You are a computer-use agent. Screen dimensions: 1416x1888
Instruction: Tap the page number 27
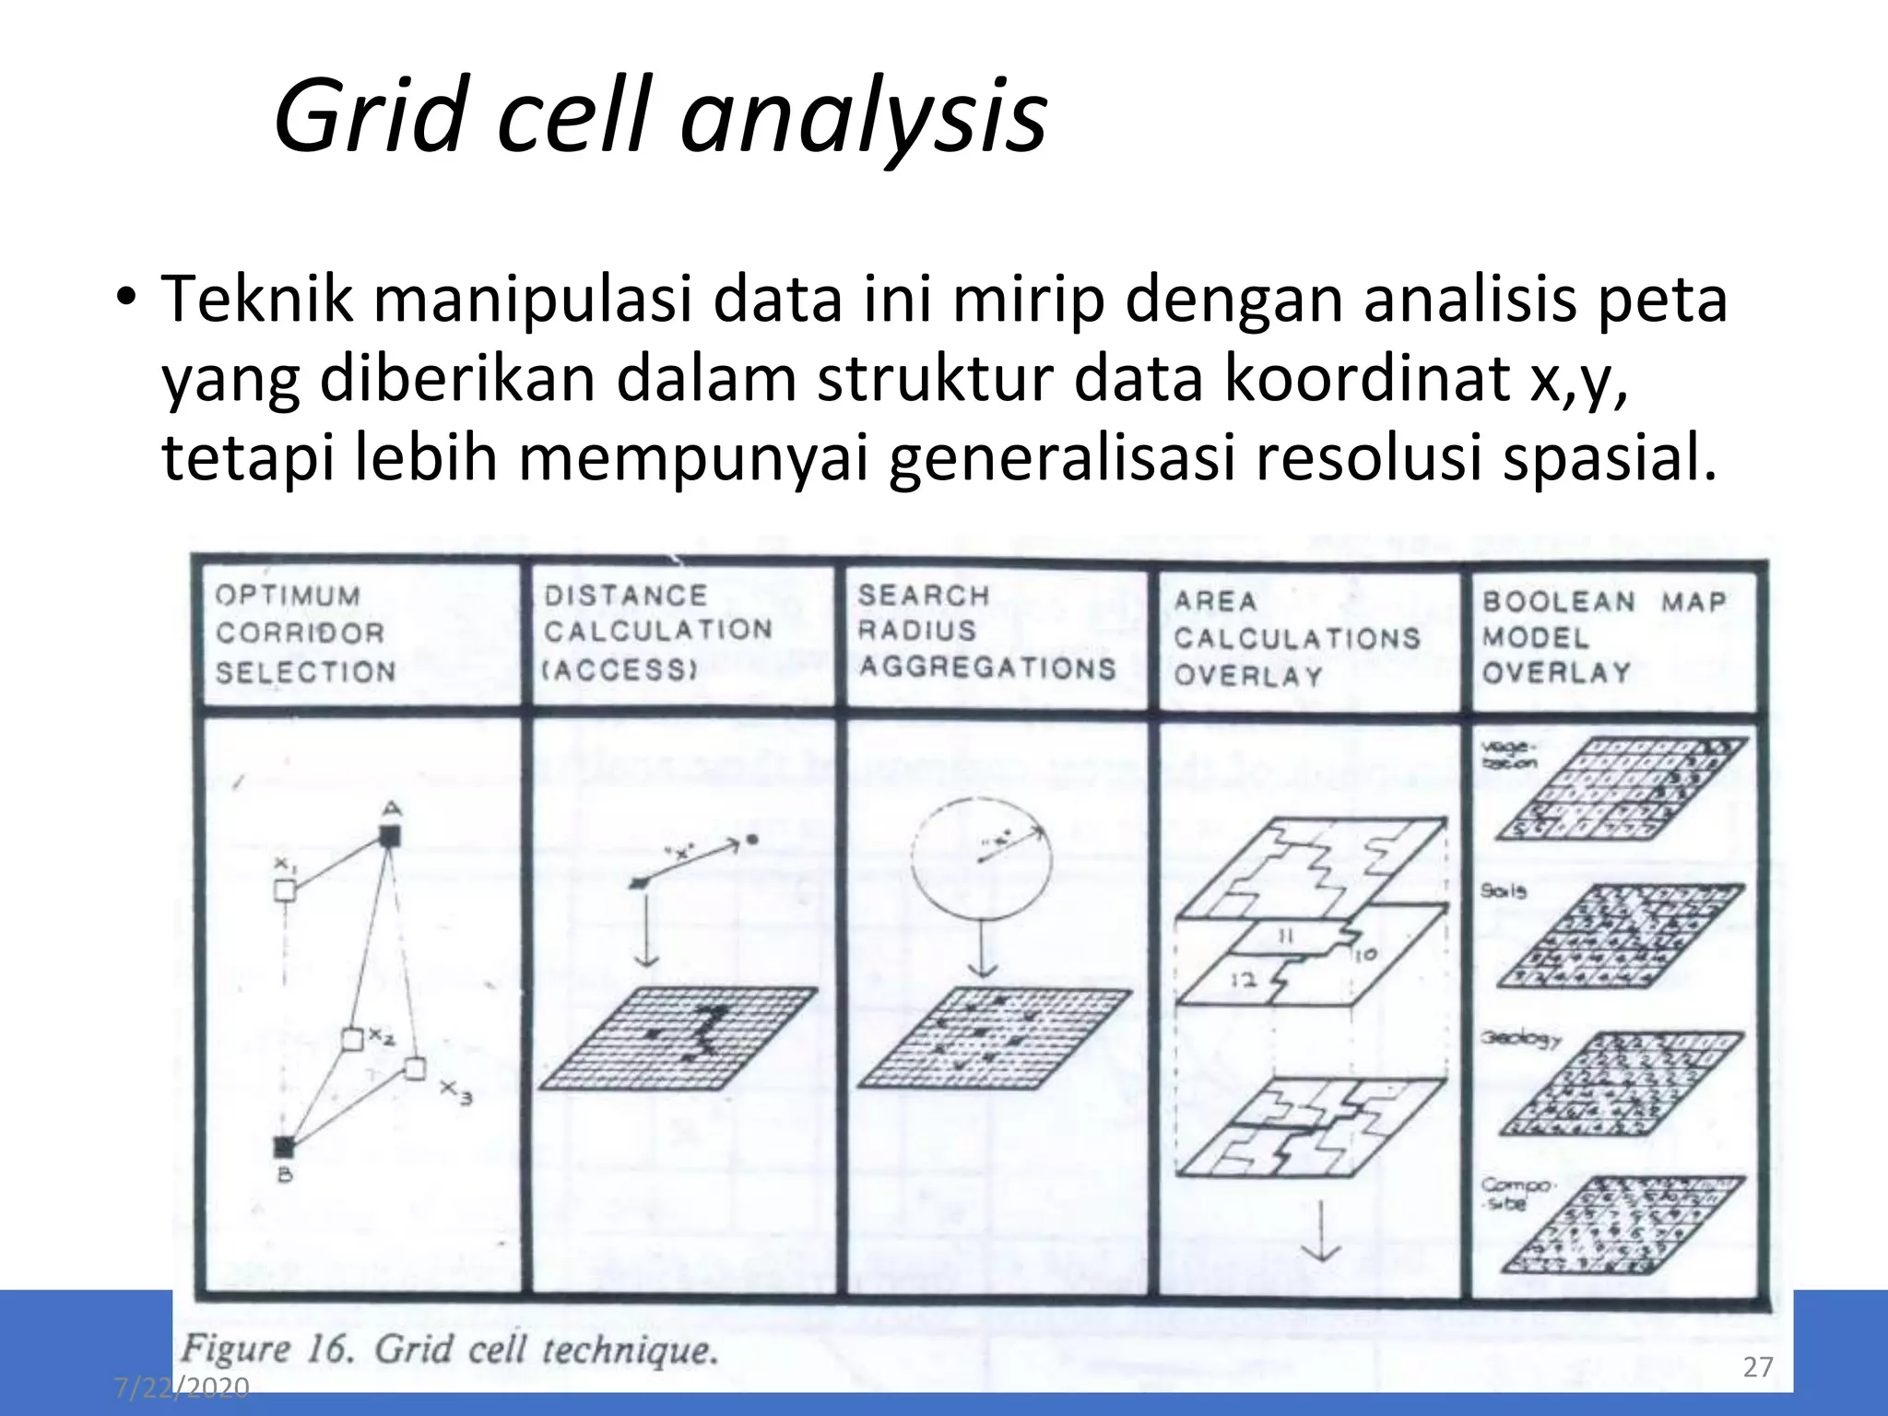(x=1758, y=1366)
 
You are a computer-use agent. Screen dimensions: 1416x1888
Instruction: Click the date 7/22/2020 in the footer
(x=182, y=1386)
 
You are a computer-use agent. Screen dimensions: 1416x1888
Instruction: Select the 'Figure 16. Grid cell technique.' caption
(x=449, y=1351)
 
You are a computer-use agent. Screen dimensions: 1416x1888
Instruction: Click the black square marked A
(x=390, y=836)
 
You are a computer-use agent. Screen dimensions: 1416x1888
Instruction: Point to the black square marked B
(x=284, y=1147)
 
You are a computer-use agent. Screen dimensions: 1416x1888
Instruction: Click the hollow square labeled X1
(x=286, y=890)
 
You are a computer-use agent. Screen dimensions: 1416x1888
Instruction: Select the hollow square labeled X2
(x=352, y=1039)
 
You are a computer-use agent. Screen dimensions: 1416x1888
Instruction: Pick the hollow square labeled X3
(x=416, y=1068)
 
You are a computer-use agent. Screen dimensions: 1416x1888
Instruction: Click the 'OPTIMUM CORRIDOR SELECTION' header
(x=305, y=633)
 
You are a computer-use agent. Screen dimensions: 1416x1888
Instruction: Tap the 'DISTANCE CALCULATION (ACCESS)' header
(x=657, y=631)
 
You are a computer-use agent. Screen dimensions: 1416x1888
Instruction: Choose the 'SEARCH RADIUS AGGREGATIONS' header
(x=985, y=631)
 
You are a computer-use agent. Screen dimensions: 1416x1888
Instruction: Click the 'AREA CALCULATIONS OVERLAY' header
(x=1296, y=638)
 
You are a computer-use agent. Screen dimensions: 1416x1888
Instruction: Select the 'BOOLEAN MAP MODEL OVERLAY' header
(x=1603, y=637)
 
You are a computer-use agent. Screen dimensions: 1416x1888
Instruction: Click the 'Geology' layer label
(x=1520, y=1038)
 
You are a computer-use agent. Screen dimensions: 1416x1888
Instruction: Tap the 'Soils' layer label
(x=1504, y=891)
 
